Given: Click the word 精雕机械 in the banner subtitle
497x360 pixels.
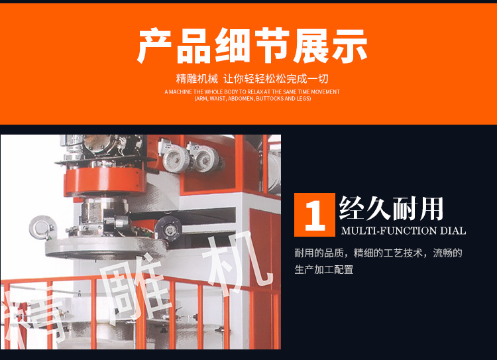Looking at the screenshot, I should pos(195,78).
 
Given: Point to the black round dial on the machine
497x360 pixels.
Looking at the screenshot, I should pos(168,229).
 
